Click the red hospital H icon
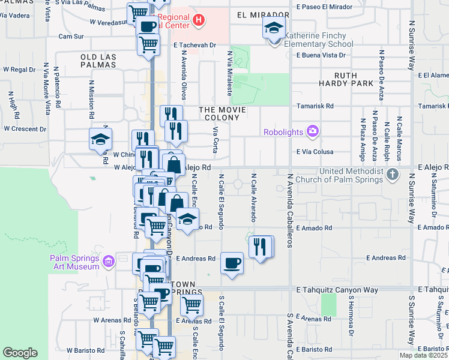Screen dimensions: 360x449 point(199,22)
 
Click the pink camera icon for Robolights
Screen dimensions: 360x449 point(312,131)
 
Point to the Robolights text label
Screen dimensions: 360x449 point(284,131)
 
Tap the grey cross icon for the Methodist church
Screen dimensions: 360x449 point(393,175)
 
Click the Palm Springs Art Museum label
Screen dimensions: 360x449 point(74,262)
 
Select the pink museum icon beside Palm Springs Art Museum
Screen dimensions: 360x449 point(108,262)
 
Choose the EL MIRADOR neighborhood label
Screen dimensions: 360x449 point(259,14)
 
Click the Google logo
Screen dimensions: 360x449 point(20,353)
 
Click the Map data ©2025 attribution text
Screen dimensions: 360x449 point(423,355)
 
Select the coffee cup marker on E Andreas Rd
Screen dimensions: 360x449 point(232,263)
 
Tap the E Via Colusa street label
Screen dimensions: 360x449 point(315,152)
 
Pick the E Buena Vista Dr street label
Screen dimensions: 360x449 point(321,55)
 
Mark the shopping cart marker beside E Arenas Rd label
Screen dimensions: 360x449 point(191,305)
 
